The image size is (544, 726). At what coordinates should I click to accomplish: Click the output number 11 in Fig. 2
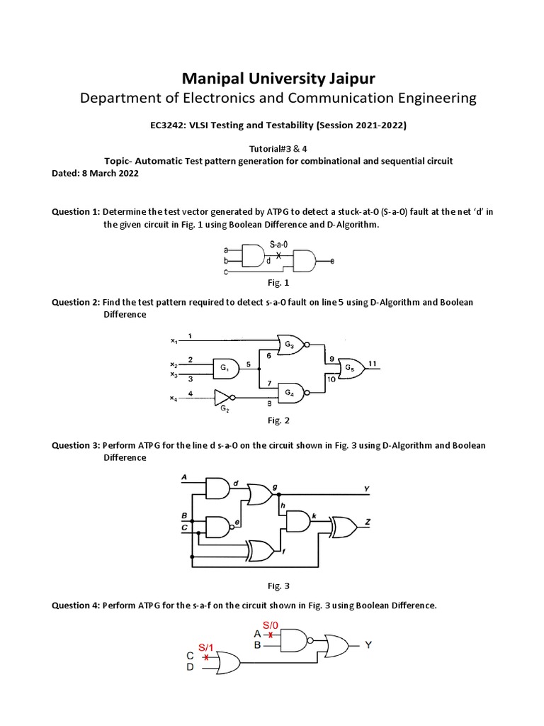pos(372,364)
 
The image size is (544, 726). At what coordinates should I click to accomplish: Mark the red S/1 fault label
pos(205,647)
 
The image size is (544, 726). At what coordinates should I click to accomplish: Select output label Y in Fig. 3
pos(366,489)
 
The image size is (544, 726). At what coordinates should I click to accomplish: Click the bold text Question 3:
pos(76,446)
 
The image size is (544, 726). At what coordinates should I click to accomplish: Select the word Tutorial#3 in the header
pos(253,150)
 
